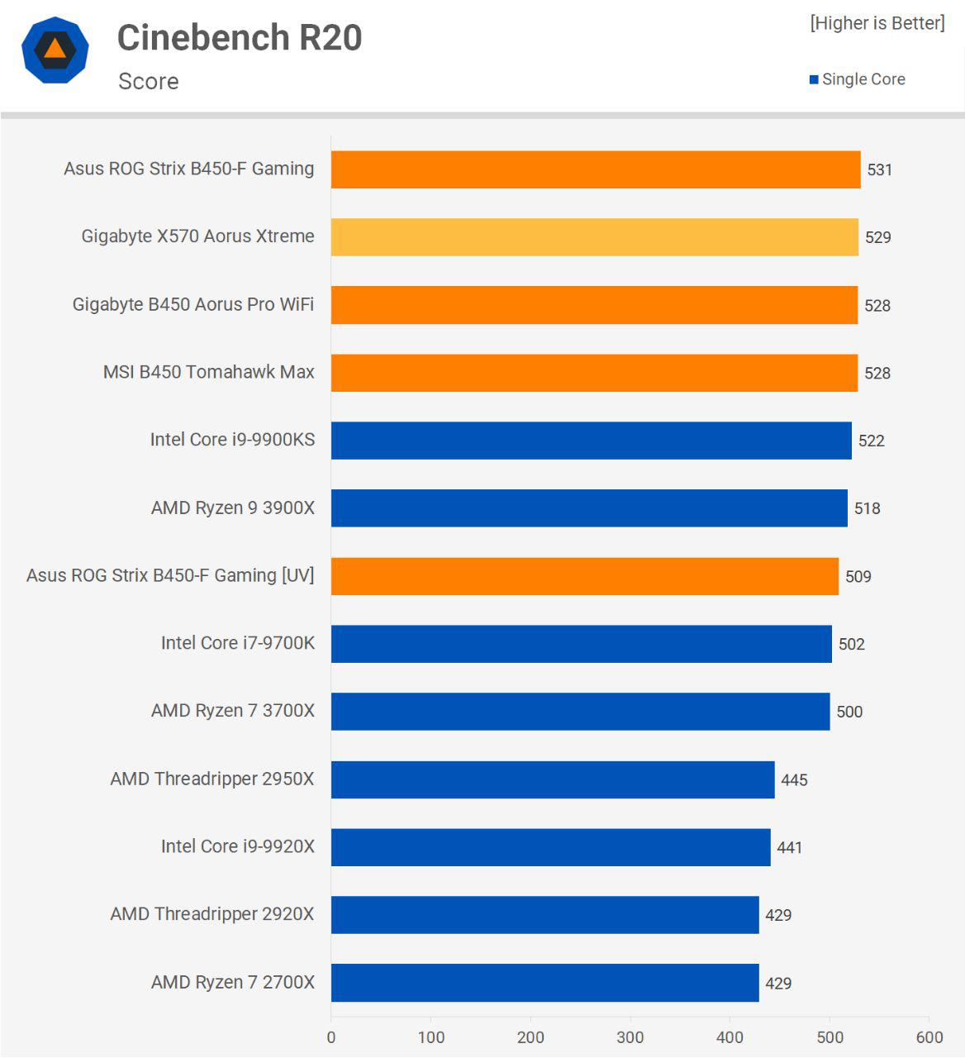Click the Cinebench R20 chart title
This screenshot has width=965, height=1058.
(240, 38)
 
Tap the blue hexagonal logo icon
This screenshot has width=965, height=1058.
(55, 50)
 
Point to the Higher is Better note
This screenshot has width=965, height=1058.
(877, 23)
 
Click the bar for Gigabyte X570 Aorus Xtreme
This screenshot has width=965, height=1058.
(594, 237)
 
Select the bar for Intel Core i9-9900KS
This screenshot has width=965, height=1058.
(591, 441)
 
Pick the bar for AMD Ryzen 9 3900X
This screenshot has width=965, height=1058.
(589, 508)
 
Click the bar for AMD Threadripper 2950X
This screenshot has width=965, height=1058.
(553, 779)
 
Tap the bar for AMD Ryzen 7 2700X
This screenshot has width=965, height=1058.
(544, 983)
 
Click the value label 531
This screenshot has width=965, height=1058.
(879, 170)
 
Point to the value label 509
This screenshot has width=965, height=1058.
(858, 577)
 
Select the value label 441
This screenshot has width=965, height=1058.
(789, 848)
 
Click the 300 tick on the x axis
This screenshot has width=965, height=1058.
(630, 1038)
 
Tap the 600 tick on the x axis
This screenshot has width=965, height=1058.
(929, 1038)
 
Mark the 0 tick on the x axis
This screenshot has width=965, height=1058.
(331, 1038)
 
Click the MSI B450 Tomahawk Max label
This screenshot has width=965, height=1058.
(208, 373)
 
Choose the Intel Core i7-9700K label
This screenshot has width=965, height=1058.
(237, 644)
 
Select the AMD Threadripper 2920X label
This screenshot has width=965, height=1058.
(212, 915)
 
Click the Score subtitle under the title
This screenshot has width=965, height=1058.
(149, 82)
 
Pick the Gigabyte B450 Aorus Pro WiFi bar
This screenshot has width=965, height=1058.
(594, 305)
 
